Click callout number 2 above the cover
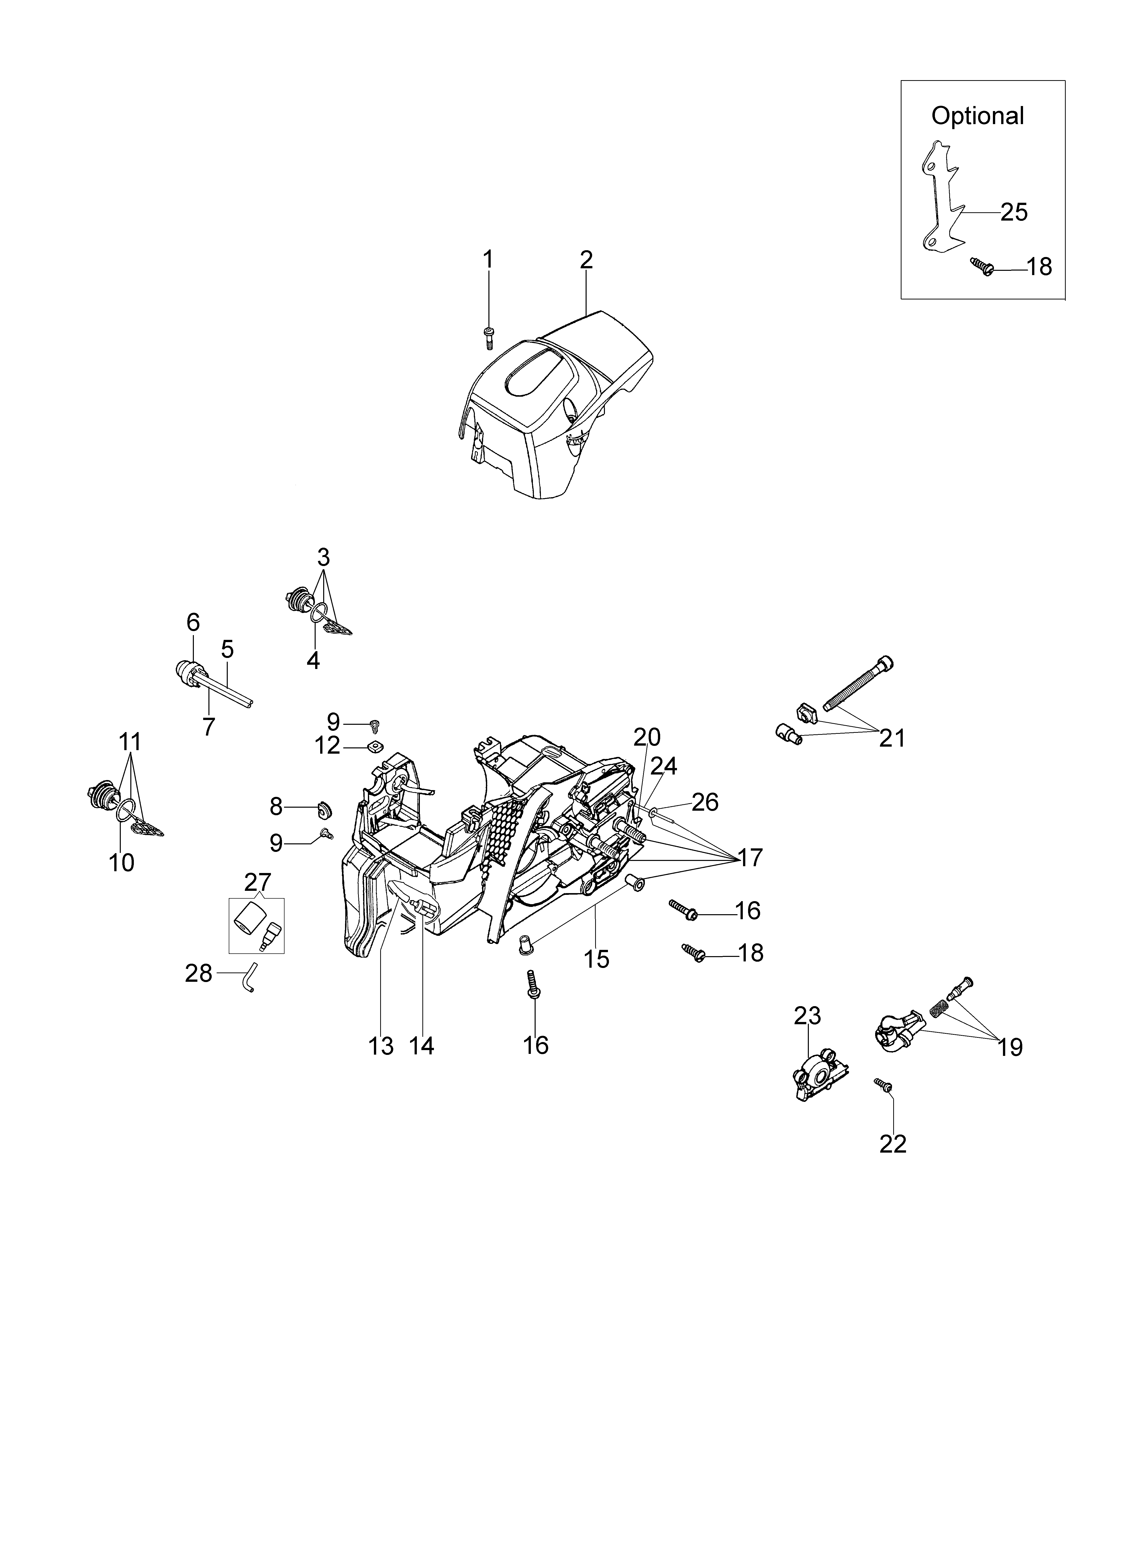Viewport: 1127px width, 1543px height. pyautogui.click(x=586, y=260)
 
